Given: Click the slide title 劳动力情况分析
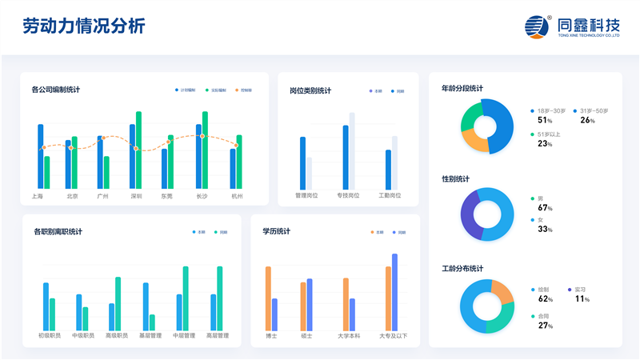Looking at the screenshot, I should (84, 26).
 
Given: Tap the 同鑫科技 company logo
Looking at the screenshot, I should (572, 27).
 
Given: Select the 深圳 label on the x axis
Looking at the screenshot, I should (136, 196).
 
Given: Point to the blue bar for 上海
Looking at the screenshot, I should (41, 156).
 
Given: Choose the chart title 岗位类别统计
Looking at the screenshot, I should (310, 90).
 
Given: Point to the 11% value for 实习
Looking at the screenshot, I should (582, 299).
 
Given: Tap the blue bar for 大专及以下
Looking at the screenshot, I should (394, 291).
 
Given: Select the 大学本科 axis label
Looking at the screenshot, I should (349, 336).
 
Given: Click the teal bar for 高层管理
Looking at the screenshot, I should (220, 298).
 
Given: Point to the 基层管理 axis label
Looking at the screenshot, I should (150, 335).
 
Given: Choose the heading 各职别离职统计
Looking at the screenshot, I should (58, 232).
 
